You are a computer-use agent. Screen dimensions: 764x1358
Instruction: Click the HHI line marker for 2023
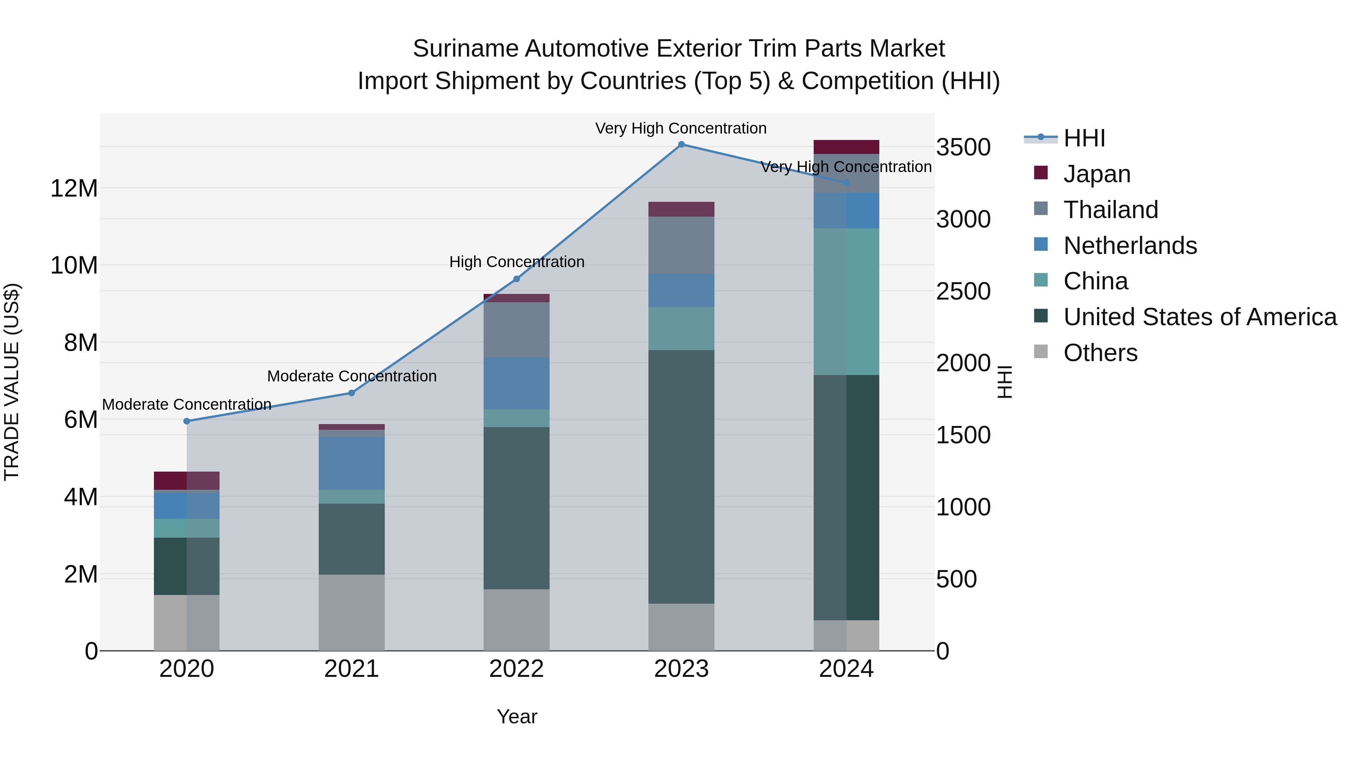coord(681,144)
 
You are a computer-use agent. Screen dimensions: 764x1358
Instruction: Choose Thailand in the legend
coord(1110,210)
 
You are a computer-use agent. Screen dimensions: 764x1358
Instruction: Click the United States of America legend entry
coord(1199,317)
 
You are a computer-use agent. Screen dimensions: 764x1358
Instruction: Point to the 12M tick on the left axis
coord(74,188)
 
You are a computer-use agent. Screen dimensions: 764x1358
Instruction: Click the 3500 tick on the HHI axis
coord(963,147)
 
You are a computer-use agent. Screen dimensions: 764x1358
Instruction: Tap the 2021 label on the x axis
coord(352,669)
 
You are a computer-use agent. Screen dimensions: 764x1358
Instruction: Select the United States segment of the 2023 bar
coord(681,477)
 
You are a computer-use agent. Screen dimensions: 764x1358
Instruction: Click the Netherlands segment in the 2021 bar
coord(352,463)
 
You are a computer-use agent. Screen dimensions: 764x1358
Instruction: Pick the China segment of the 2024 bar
coord(846,301)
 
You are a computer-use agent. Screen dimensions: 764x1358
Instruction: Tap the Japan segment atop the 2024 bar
coord(846,147)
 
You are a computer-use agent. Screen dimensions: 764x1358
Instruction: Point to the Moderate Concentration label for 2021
coord(352,377)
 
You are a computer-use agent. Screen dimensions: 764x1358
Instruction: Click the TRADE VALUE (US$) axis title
coord(12,382)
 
